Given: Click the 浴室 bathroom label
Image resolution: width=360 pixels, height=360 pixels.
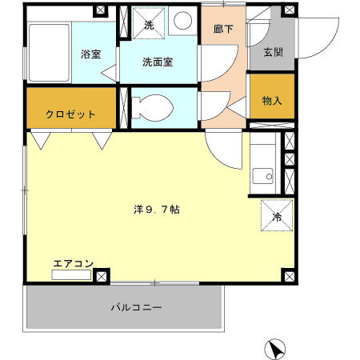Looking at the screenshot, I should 90,54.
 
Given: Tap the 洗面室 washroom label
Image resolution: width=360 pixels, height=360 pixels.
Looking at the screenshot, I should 158,62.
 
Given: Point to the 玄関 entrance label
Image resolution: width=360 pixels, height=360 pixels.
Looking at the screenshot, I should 272,53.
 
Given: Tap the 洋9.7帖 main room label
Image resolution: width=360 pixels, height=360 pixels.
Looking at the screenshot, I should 156,210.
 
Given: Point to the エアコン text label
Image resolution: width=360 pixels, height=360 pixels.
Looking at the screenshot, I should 74,262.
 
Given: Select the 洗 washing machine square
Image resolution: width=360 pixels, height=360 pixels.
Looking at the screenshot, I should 149,25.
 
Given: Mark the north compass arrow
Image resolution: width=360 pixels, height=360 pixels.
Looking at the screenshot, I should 275,348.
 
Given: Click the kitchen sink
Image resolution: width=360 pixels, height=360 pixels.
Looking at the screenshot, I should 262,175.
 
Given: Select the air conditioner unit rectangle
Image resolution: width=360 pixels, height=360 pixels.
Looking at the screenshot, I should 72,275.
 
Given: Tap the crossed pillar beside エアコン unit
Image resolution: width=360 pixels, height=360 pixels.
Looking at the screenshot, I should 102,276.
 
